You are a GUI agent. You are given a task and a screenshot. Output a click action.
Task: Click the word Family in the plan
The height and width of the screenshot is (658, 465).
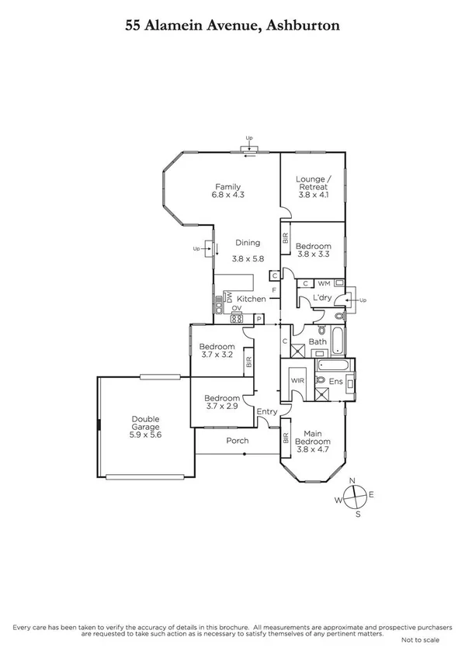pyautogui.click(x=227, y=186)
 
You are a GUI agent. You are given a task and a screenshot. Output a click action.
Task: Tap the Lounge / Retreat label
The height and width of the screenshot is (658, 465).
pyautogui.click(x=313, y=183)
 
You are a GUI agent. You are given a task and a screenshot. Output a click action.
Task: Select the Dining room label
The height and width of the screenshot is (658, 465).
pyautogui.click(x=248, y=242)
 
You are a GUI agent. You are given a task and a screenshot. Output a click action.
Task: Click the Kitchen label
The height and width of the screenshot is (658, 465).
pyautogui.click(x=252, y=299)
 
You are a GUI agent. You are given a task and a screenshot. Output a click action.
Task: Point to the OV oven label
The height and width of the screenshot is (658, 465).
pyautogui.click(x=235, y=307)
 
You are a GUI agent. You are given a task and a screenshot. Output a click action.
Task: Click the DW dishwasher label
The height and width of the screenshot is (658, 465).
pyautogui.click(x=229, y=296)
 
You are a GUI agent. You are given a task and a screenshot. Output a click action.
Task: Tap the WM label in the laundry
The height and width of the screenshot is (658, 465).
pyautogui.click(x=324, y=283)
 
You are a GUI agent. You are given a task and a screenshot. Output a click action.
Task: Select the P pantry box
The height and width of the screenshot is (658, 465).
pyautogui.click(x=259, y=318)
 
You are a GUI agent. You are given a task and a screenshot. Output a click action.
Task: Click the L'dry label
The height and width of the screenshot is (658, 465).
pyautogui.click(x=322, y=299)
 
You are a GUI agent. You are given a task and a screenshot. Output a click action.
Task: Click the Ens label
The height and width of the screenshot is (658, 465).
pyautogui.click(x=336, y=381)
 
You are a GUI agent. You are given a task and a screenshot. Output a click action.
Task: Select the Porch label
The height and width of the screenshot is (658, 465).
pyautogui.click(x=238, y=441)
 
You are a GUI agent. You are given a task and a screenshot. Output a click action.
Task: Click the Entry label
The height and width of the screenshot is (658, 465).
pyautogui.click(x=266, y=411)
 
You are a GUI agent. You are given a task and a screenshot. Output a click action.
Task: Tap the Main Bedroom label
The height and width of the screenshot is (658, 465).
pyautogui.click(x=313, y=438)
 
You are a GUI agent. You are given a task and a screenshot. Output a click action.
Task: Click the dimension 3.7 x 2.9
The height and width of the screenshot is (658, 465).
pyautogui.click(x=217, y=406)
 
